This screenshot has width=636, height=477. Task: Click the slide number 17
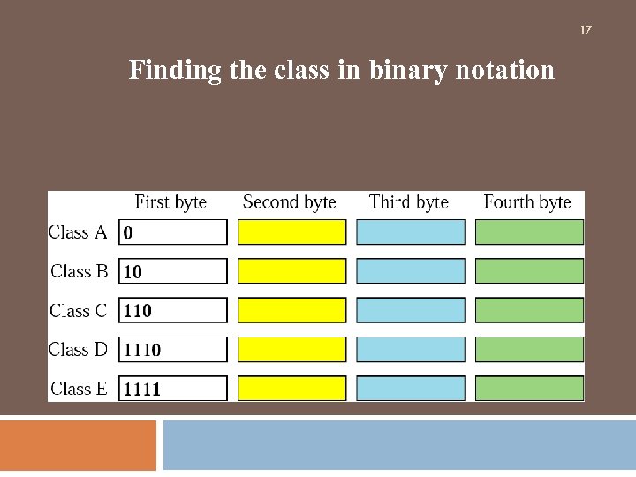point(585,30)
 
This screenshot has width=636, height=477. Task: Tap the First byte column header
point(170,202)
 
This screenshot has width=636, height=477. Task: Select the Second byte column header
point(289,202)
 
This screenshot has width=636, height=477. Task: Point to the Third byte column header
point(409,202)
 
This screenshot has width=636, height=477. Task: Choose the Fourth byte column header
point(527,202)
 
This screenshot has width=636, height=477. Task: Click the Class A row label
point(78,232)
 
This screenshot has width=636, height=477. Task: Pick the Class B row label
point(79,271)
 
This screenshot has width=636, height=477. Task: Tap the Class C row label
point(78,310)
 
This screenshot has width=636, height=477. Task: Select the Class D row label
point(78,349)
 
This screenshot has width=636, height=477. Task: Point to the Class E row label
point(79,388)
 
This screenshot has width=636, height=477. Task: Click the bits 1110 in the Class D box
point(142,350)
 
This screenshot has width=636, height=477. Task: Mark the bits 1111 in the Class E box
point(142,389)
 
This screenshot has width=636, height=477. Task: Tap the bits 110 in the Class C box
point(138,311)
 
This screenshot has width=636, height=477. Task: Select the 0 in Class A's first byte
point(129,233)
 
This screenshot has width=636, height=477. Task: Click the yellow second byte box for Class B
point(292,271)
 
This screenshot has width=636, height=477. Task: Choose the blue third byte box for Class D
point(411,349)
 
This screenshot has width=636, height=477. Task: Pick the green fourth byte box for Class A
point(529,232)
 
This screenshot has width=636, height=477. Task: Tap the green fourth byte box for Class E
point(529,388)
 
